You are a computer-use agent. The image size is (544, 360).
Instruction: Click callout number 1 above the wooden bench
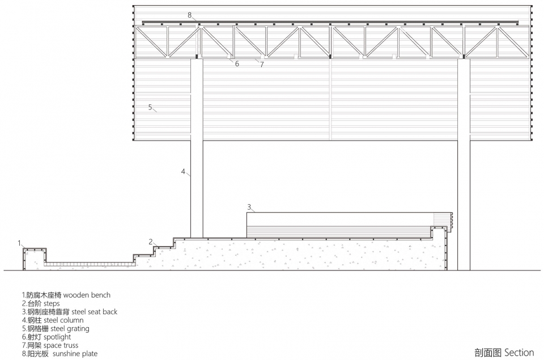[x=20, y=243]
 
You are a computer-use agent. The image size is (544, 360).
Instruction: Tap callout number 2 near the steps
[x=151, y=242]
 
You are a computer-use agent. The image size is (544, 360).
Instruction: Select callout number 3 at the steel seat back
[x=249, y=206]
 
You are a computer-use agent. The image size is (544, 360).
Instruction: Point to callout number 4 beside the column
[x=183, y=171]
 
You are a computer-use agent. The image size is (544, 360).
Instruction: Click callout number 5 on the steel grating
[x=150, y=107]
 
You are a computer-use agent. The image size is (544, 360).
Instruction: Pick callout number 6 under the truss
[x=237, y=64]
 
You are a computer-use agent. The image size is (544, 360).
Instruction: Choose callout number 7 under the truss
[x=262, y=65]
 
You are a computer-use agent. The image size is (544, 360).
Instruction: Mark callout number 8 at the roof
[x=190, y=14]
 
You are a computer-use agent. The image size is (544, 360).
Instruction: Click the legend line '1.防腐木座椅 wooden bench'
[x=66, y=295]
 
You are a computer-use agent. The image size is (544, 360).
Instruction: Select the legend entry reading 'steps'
[x=41, y=304]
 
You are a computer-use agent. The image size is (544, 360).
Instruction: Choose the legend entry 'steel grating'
[x=56, y=328]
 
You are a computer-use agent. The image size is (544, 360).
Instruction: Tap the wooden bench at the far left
[x=33, y=259]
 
